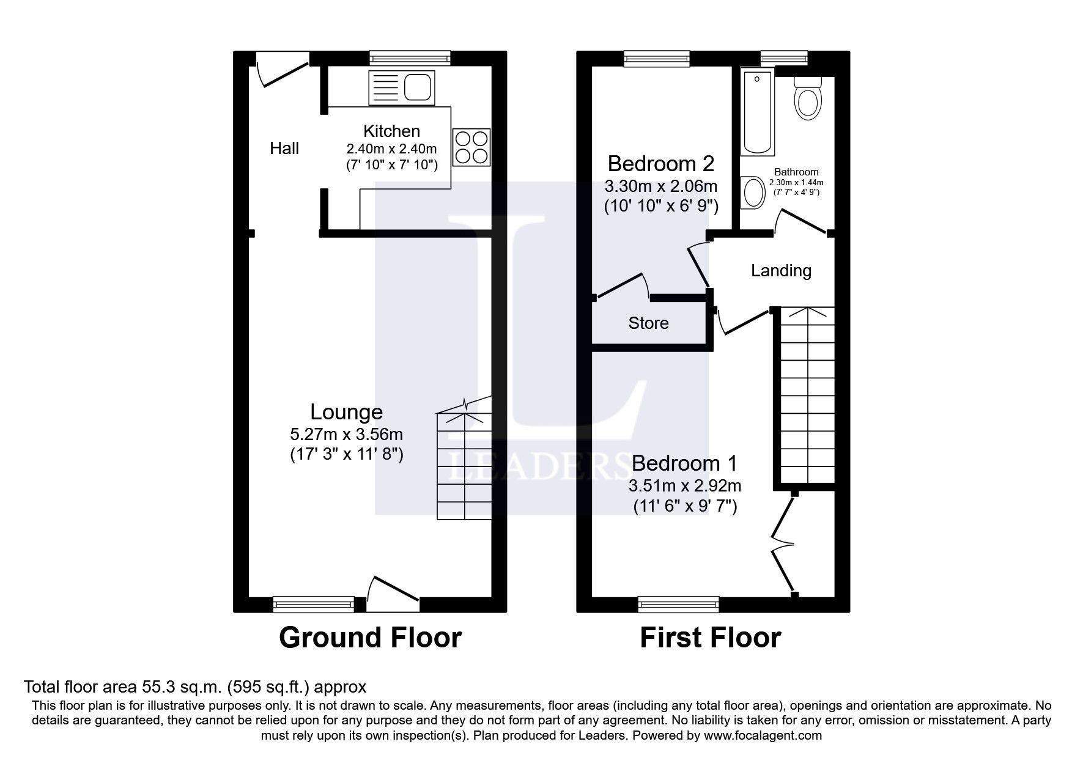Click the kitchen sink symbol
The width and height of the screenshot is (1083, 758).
401,87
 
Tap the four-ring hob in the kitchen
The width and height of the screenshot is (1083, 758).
471,147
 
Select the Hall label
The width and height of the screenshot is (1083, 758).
284,149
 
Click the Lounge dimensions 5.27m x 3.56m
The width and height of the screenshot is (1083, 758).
346,435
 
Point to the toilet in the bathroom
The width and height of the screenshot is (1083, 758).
807,101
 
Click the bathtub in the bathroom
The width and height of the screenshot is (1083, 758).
757,111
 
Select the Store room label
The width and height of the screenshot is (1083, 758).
648,323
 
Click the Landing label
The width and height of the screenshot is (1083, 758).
781,271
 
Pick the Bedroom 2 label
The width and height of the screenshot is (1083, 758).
660,164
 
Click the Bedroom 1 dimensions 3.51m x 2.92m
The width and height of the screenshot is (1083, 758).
685,487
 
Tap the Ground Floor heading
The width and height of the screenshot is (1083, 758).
370,638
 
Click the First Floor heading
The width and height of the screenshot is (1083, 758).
710,638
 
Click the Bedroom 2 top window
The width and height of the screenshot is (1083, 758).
657,59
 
